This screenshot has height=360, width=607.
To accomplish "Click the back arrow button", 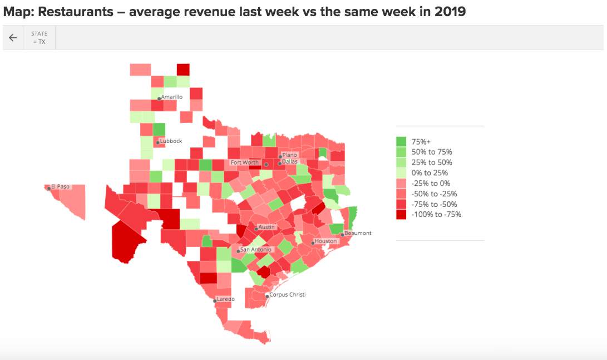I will [x=13, y=38].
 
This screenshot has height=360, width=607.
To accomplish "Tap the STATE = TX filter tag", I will [x=39, y=38].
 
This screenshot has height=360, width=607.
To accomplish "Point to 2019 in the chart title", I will [x=450, y=12].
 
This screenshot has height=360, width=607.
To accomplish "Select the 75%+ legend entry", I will [x=419, y=141].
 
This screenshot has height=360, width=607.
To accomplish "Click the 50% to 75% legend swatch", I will [x=401, y=152].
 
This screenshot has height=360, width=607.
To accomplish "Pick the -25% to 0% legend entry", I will [x=431, y=184].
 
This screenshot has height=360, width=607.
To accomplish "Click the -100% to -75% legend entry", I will [x=436, y=215].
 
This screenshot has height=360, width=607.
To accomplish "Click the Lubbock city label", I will [x=171, y=141].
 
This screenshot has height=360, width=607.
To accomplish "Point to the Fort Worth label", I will [x=245, y=163].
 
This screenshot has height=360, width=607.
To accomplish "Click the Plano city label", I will [x=290, y=155].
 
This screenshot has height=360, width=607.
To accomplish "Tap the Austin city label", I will [x=267, y=228].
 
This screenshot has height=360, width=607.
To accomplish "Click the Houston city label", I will [x=325, y=241].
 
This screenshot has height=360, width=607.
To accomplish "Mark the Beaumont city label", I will [x=358, y=234].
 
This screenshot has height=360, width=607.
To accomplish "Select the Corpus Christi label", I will [x=287, y=295].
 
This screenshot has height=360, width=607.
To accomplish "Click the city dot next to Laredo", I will [x=215, y=300].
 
